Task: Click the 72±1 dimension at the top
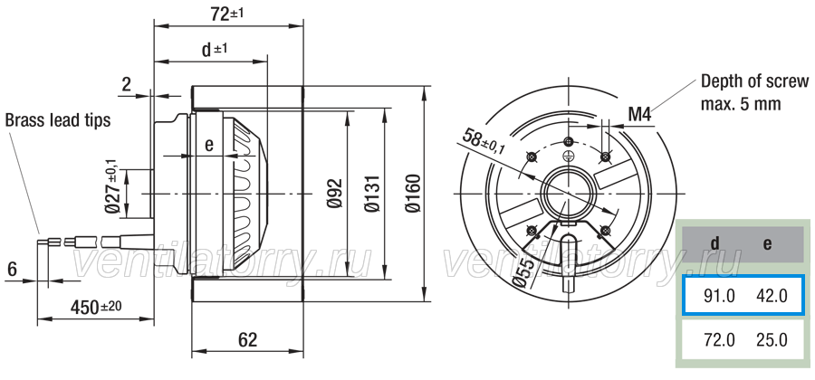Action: point(227,14)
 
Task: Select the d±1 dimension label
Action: point(214,50)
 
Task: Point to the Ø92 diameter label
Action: point(335,193)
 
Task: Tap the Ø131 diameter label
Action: point(373,194)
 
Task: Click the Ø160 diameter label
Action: point(413,194)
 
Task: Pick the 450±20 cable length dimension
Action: point(96,308)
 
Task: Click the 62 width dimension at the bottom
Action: point(247,340)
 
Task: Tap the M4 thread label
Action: point(639,114)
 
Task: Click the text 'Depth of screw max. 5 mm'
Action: point(754,92)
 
